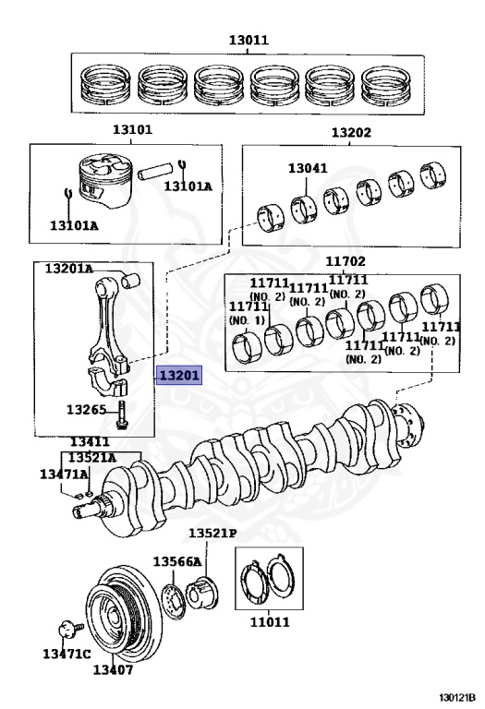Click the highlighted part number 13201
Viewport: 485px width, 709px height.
[178, 375]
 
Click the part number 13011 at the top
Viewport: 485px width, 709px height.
[249, 40]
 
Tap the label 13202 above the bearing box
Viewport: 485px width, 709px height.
[351, 133]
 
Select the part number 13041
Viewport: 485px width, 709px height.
[308, 168]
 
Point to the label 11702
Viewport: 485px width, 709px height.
[346, 261]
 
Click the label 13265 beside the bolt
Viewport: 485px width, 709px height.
[87, 410]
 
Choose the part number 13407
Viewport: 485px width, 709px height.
[113, 669]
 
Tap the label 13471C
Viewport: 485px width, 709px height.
[67, 654]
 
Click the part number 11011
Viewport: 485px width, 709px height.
[270, 621]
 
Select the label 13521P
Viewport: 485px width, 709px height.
[212, 533]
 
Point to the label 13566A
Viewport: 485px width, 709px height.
[176, 561]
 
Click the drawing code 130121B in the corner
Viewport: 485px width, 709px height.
[457, 697]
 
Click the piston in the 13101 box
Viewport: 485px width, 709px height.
[105, 182]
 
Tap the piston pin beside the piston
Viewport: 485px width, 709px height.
[155, 170]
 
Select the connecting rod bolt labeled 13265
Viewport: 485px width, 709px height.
[122, 415]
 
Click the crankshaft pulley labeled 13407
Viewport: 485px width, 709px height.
[123, 614]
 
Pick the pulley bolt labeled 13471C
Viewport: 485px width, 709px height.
[70, 629]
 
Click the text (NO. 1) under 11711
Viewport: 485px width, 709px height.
[247, 320]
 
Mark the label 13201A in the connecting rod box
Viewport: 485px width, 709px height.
[68, 269]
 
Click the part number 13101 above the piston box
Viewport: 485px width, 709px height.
[132, 130]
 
